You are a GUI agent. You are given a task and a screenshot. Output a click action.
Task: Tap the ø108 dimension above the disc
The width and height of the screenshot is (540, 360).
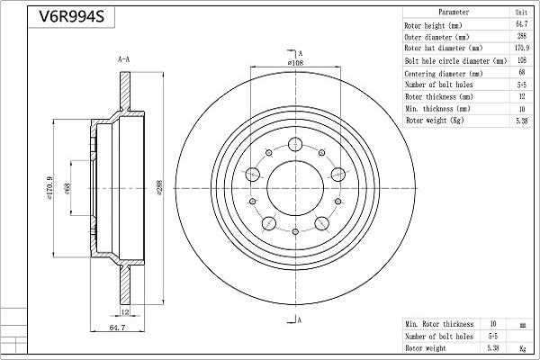(295, 63)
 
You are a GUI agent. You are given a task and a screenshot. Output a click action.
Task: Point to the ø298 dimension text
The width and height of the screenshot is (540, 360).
(159, 186)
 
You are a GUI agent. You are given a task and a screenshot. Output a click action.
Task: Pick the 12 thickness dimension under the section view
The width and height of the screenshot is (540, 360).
(127, 312)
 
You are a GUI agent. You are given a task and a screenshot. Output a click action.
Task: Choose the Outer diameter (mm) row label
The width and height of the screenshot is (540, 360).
(438, 38)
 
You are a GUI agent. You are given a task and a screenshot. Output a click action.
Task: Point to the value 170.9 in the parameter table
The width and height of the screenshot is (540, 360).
(519, 49)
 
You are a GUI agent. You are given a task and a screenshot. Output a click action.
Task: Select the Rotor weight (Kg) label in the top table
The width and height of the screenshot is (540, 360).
(435, 120)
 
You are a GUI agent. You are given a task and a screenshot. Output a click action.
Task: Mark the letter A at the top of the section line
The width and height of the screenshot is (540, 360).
(299, 53)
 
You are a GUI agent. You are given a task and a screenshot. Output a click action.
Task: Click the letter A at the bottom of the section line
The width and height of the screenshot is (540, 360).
(299, 320)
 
